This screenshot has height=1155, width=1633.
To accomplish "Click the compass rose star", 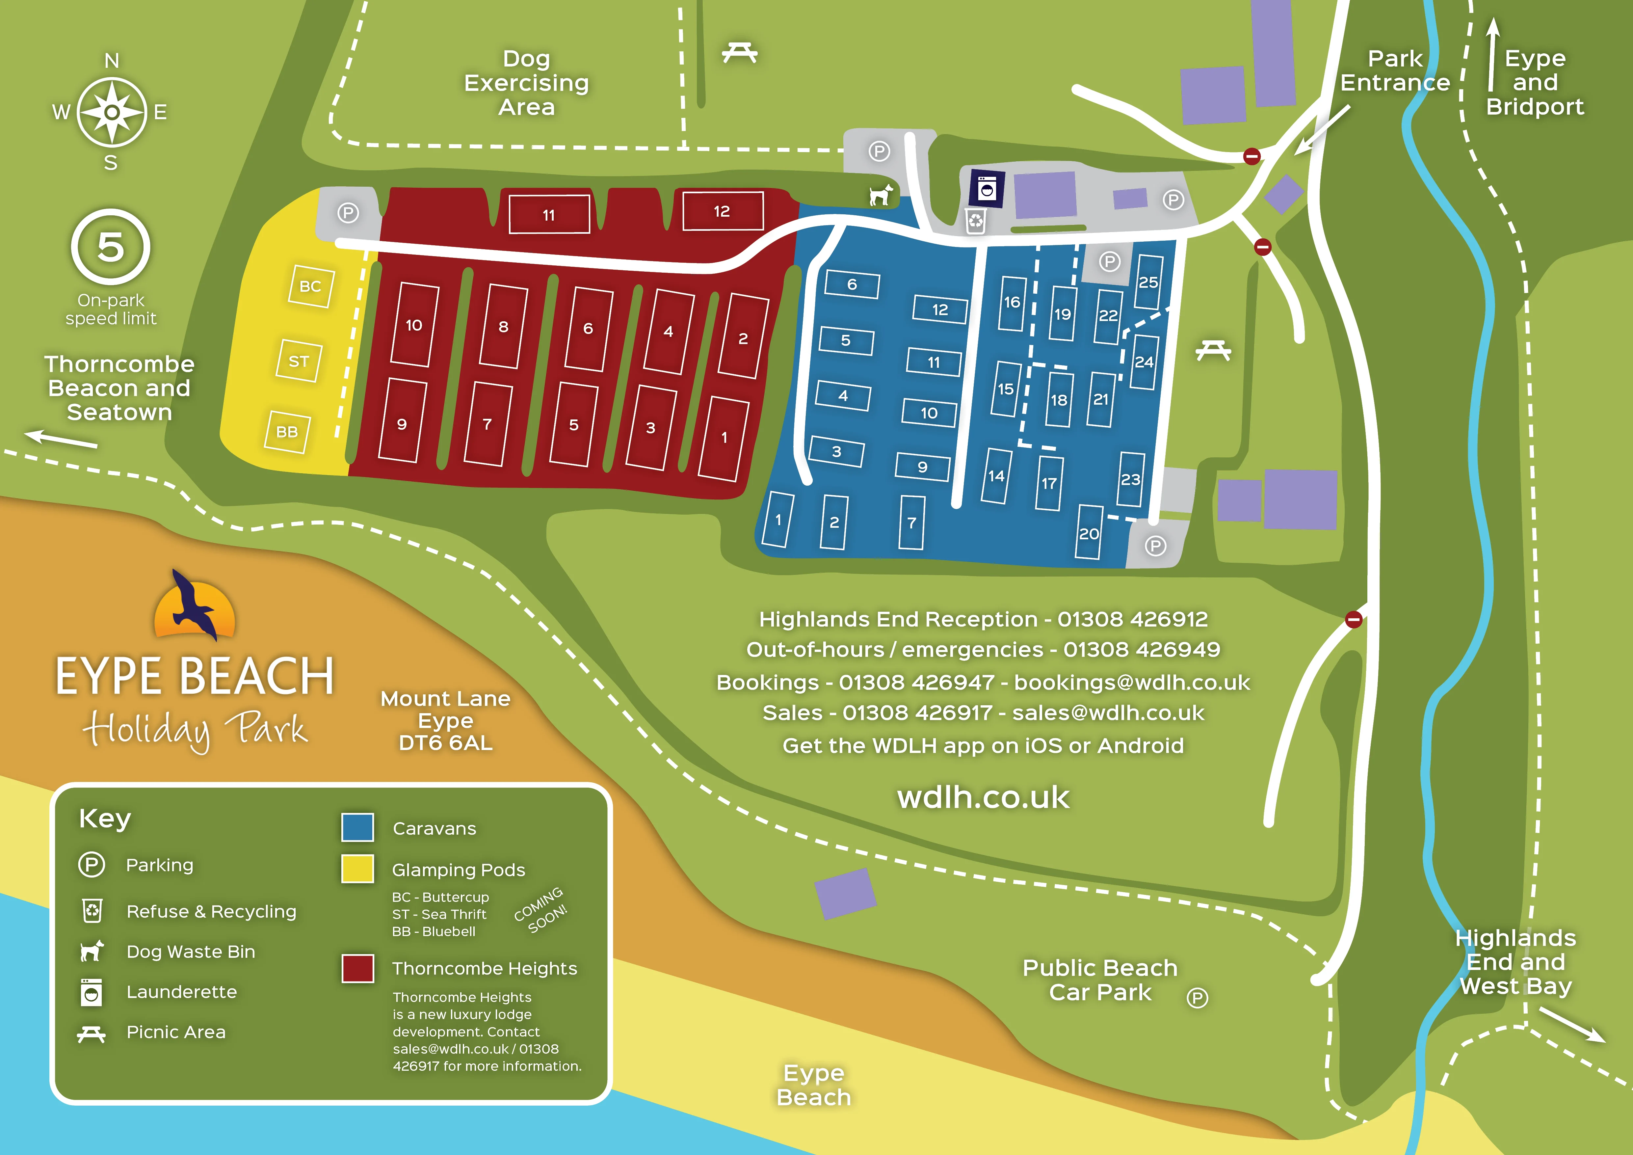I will (112, 112).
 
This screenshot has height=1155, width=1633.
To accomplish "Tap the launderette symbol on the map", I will (987, 189).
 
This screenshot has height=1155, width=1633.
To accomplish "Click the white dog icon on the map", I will (881, 194).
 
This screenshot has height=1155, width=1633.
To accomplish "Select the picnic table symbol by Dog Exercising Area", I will (740, 52).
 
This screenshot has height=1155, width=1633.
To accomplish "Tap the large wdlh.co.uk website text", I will (983, 797).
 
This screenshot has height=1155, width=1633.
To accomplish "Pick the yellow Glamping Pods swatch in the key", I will (358, 868).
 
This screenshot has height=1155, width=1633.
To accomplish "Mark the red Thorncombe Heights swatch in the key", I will (358, 968).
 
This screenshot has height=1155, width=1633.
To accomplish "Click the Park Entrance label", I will (1395, 70).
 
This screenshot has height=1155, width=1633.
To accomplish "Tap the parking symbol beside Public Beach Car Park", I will (1197, 999).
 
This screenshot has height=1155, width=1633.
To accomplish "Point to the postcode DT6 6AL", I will (445, 743).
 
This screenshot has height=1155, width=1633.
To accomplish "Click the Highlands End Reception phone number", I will (1132, 619).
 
